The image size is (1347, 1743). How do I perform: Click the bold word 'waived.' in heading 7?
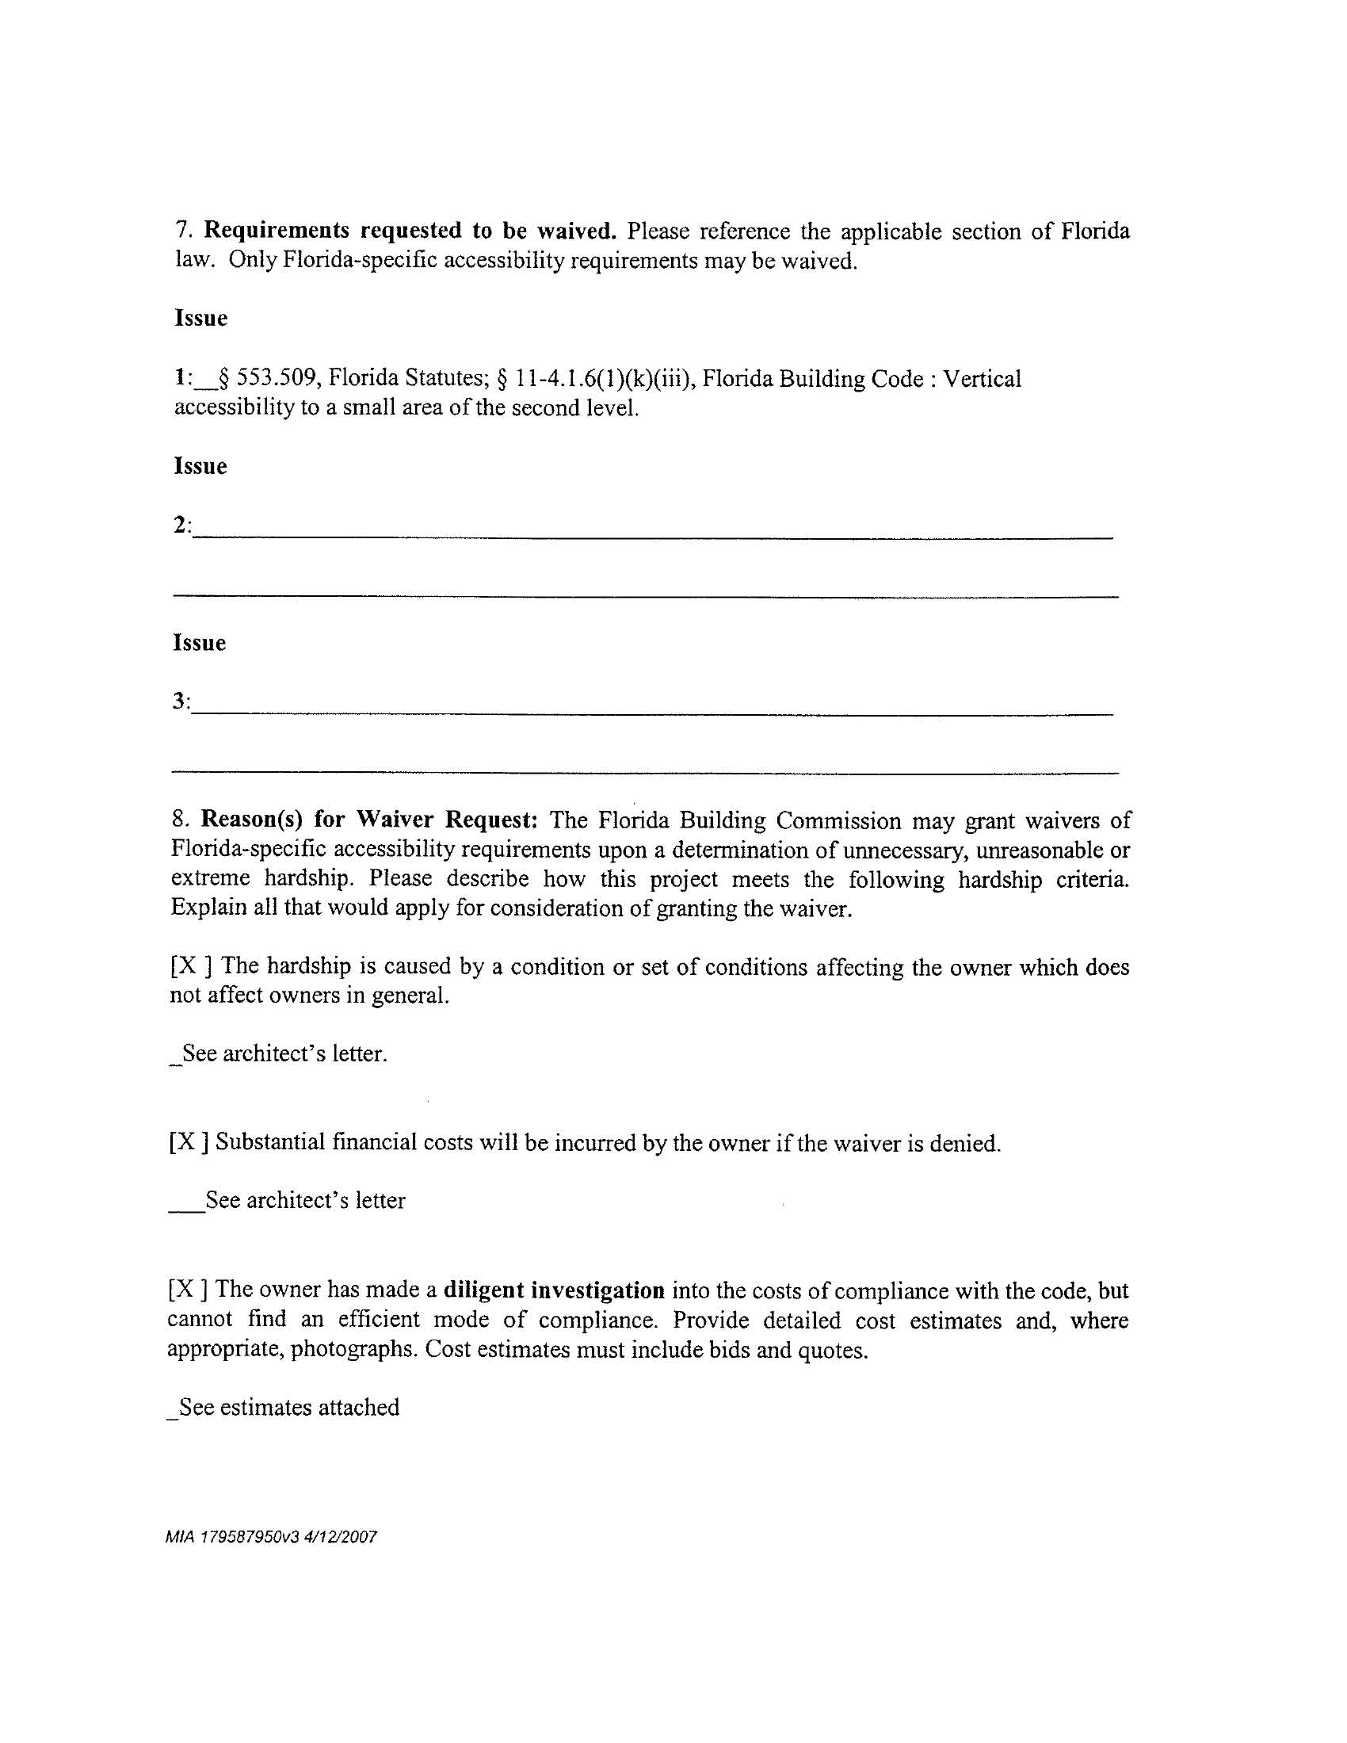coord(576,231)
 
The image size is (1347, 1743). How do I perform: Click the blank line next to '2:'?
coord(653,537)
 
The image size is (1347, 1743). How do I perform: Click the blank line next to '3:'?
coord(653,713)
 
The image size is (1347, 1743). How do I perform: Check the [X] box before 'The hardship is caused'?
coord(192,966)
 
